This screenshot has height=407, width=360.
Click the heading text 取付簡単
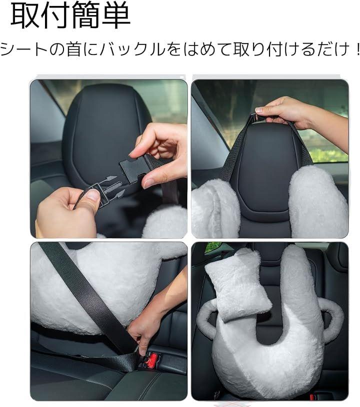tap(70, 15)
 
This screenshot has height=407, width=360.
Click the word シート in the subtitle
tap(24, 49)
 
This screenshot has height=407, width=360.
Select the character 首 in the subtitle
tap(73, 49)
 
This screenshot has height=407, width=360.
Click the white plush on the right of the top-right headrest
tap(318, 201)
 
